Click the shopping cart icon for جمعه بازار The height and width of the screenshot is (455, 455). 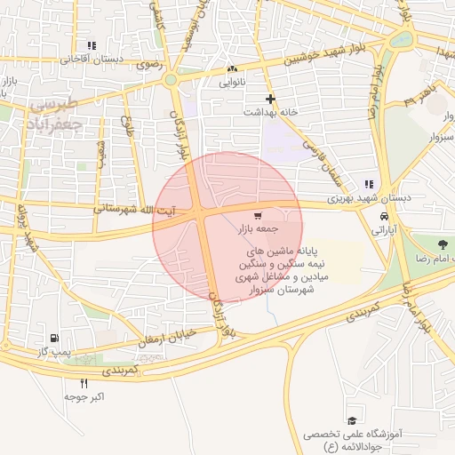click(258, 216)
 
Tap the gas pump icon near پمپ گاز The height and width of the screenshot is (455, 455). click(56, 338)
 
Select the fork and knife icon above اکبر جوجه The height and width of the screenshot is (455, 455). click(84, 383)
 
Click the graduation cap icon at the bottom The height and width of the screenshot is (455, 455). click(353, 420)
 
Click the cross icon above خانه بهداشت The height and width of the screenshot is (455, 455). click(270, 99)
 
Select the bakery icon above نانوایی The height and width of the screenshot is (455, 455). click(232, 68)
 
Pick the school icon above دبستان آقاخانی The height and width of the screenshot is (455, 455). click(91, 45)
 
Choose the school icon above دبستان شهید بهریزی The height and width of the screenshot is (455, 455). click(370, 184)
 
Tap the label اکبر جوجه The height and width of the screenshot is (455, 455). click(84, 396)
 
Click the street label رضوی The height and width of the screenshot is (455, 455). click(144, 65)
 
